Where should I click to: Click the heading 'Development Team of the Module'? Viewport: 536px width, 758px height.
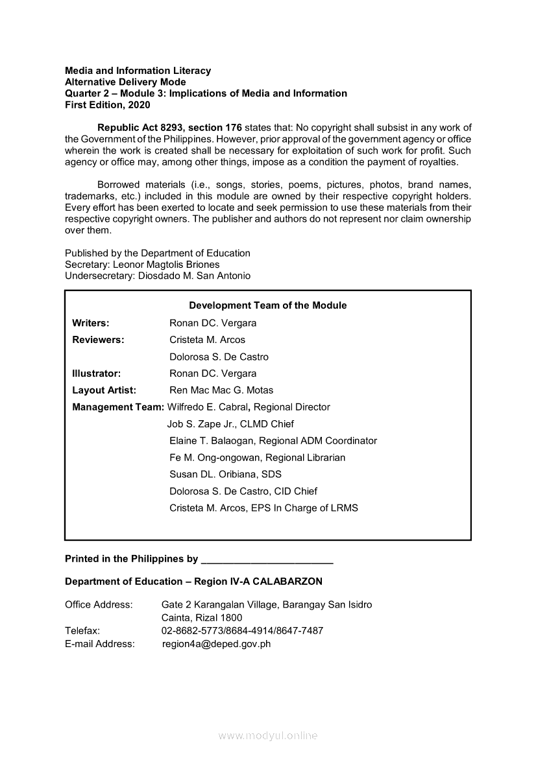(x=267, y=305)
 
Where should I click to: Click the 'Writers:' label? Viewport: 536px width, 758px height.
(x=91, y=323)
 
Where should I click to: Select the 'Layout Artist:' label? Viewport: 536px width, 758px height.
(x=104, y=390)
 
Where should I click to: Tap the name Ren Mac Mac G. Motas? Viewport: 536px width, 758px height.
(x=221, y=390)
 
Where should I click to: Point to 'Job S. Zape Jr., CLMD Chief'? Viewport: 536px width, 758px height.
(x=230, y=424)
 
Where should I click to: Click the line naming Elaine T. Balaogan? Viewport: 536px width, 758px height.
(x=273, y=441)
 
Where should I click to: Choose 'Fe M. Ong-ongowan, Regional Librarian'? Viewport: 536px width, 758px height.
(x=257, y=458)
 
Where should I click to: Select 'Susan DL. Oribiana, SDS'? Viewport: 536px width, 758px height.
(x=225, y=475)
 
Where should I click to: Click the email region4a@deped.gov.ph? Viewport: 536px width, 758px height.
(x=216, y=644)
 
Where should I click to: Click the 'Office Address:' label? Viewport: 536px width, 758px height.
(x=99, y=605)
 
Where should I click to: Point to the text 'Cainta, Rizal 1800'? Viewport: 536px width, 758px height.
(x=202, y=618)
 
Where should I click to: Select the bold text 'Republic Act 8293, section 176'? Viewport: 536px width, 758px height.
(x=169, y=127)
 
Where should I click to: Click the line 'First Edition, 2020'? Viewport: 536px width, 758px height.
(x=107, y=104)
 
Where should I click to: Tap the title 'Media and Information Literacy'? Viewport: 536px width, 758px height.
(x=138, y=71)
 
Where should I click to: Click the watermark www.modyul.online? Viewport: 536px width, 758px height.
(x=268, y=736)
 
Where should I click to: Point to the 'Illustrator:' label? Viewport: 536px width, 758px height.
(x=97, y=373)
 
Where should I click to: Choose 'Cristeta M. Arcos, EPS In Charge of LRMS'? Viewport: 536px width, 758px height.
(x=263, y=508)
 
